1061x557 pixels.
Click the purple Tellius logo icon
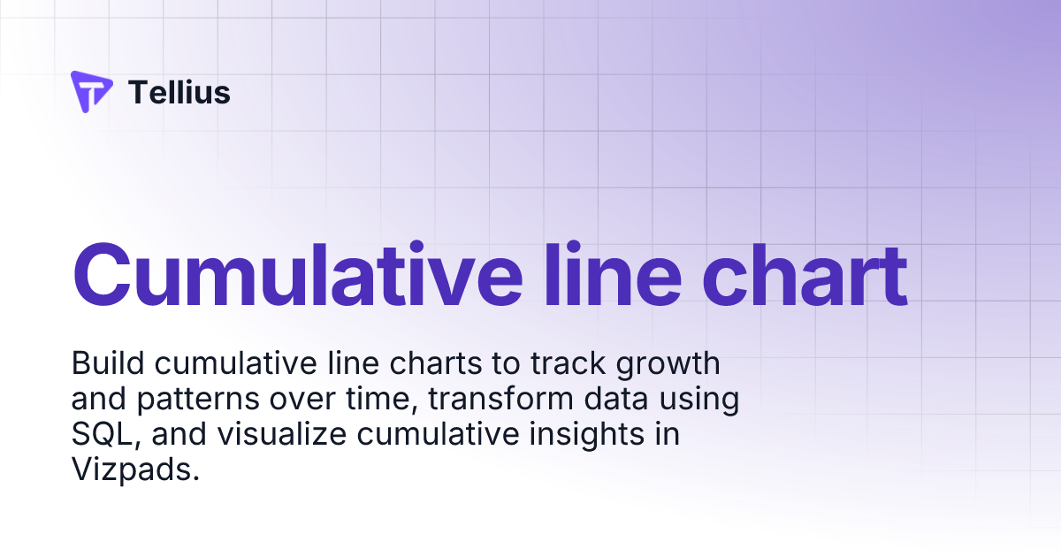(x=91, y=91)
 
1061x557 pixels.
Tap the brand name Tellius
(x=179, y=92)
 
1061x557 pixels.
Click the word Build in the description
(x=103, y=363)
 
